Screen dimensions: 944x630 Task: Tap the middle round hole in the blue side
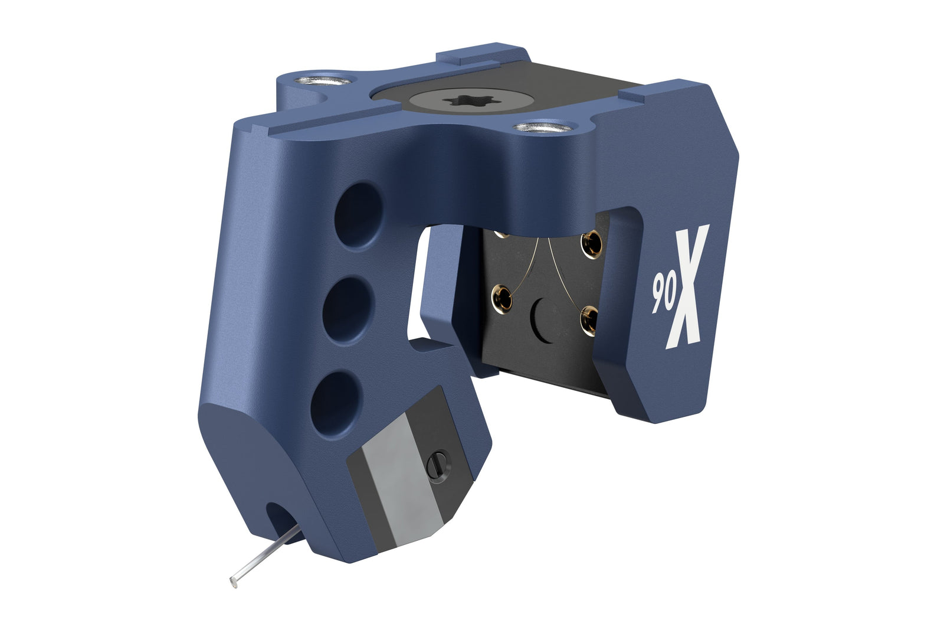click(x=348, y=310)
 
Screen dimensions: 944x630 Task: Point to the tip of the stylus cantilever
click(x=233, y=583)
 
